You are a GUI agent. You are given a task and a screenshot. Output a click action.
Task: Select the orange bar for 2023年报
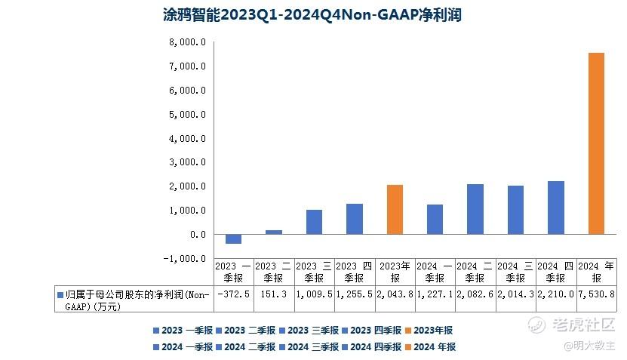[395, 209]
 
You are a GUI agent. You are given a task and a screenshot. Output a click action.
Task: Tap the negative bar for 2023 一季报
[234, 238]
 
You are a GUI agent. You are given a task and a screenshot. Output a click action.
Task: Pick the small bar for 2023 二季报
[274, 232]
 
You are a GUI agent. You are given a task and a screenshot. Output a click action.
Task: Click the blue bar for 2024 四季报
[556, 208]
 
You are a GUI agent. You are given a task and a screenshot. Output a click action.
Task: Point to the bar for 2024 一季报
[435, 219]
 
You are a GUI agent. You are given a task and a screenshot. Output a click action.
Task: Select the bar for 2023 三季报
[314, 222]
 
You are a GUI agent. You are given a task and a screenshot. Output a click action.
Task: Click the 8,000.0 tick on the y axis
[188, 42]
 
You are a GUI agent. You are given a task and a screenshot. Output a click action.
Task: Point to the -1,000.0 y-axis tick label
[186, 258]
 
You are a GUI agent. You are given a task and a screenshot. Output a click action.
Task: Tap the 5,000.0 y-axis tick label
[188, 115]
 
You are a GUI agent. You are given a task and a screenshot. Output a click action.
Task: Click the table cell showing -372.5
[233, 294]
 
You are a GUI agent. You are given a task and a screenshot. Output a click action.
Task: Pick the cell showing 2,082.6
[475, 294]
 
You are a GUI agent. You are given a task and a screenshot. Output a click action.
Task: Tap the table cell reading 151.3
[274, 294]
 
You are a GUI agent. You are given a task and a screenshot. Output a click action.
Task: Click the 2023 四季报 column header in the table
[354, 272]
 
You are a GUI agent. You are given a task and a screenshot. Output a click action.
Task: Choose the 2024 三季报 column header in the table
[515, 272]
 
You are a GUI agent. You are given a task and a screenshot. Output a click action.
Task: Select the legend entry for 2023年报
[431, 330]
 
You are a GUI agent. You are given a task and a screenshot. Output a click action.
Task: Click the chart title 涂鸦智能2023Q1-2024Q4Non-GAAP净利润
[312, 14]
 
